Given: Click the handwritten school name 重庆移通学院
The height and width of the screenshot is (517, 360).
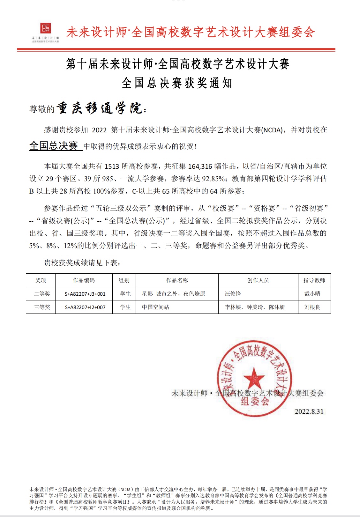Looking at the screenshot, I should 99,108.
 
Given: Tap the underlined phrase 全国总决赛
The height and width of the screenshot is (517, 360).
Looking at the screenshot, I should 54,146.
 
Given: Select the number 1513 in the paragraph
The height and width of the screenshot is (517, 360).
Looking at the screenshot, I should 112,166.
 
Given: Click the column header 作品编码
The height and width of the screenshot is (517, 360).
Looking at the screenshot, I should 84,280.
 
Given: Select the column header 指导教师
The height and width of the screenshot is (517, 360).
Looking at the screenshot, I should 314,280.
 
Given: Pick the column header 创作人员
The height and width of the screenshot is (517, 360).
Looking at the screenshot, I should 258,280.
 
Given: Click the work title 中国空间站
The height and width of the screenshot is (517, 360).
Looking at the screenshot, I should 155,307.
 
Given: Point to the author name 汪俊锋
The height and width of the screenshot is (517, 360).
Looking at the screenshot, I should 233,294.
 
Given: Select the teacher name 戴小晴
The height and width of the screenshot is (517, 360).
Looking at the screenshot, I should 312,294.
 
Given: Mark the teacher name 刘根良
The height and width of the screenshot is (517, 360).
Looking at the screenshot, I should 312,307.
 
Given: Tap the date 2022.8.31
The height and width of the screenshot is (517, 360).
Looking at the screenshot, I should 309,411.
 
